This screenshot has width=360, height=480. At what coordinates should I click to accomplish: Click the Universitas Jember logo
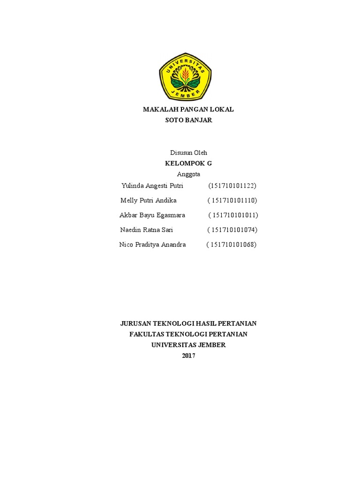click(185, 76)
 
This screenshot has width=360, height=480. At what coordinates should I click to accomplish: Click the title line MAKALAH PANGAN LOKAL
click(188, 109)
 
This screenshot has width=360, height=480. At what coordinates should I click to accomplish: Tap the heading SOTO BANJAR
click(188, 120)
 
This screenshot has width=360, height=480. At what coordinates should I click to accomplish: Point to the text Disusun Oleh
click(188, 152)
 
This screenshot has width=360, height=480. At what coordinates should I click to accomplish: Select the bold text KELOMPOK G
click(188, 163)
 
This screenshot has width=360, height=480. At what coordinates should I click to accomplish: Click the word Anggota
click(188, 174)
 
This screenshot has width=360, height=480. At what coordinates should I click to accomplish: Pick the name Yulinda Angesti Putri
click(152, 186)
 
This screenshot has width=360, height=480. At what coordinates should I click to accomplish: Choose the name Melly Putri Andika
click(149, 200)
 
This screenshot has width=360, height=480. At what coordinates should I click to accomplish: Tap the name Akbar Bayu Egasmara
click(152, 215)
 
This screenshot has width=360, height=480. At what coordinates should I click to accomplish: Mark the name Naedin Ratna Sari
click(147, 230)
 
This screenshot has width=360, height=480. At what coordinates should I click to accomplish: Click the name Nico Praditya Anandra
click(152, 244)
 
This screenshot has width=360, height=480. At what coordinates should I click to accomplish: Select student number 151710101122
click(232, 186)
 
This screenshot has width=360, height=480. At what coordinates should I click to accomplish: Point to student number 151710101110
click(233, 200)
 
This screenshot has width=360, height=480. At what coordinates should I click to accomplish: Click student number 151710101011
click(234, 215)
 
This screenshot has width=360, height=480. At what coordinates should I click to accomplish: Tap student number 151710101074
click(233, 230)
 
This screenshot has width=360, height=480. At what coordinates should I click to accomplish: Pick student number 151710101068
click(232, 244)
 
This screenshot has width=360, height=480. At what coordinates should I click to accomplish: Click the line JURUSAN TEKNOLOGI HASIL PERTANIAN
click(188, 323)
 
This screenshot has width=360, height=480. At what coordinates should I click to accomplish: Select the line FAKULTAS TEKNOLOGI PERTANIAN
click(188, 334)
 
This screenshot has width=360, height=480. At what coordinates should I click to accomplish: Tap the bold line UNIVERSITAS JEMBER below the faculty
click(188, 345)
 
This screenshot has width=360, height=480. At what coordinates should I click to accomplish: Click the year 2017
click(188, 356)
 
